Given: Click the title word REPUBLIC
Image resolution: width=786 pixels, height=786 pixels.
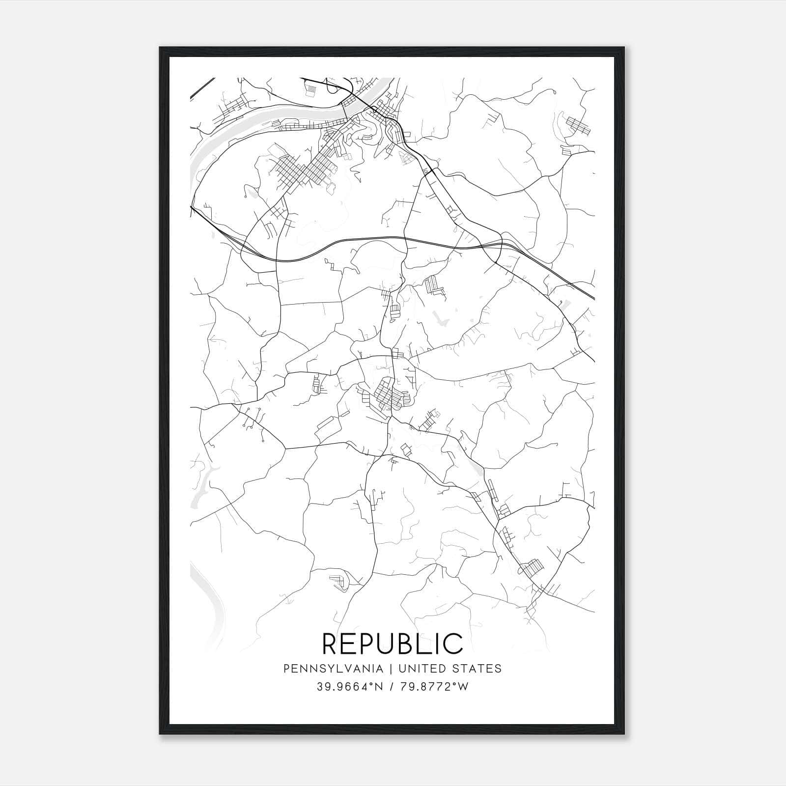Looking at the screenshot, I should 393,643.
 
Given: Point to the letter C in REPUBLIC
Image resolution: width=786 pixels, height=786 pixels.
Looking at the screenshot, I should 453,644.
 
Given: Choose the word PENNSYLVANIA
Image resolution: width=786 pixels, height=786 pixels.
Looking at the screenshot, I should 334,669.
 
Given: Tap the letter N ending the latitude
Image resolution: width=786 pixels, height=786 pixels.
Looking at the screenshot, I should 376,686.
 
